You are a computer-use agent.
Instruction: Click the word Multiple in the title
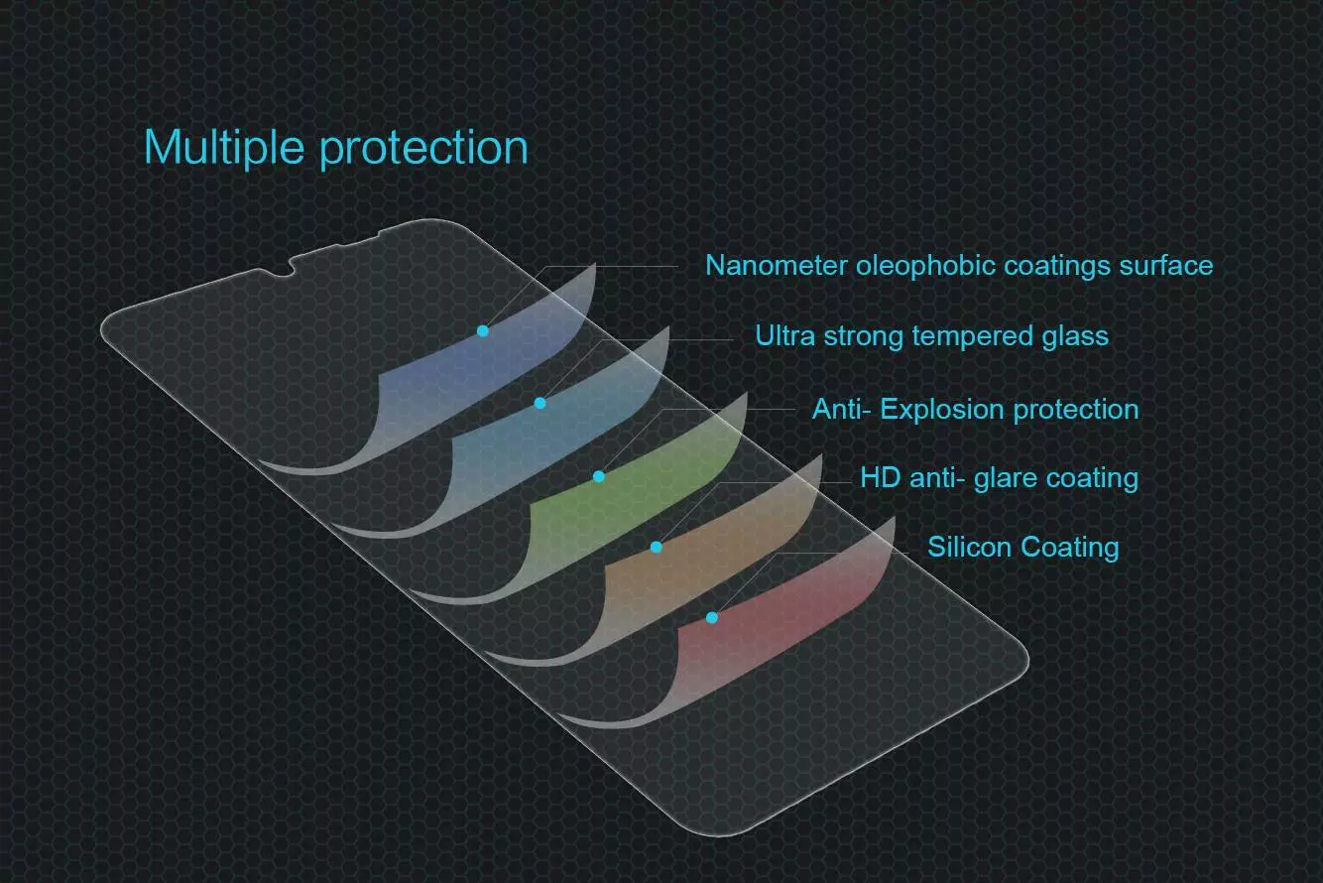click(224, 147)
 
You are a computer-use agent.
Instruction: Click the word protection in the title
click(423, 149)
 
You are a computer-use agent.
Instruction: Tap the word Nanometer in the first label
click(777, 265)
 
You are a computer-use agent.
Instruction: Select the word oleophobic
click(926, 267)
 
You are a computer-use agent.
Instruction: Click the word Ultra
click(785, 335)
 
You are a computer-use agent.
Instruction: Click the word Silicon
click(970, 547)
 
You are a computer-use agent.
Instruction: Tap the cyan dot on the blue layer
click(483, 331)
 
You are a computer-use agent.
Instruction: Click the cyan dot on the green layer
click(599, 476)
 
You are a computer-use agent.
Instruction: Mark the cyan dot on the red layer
click(712, 618)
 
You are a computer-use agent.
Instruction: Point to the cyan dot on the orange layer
click(657, 548)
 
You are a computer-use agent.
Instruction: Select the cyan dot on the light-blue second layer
click(540, 403)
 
